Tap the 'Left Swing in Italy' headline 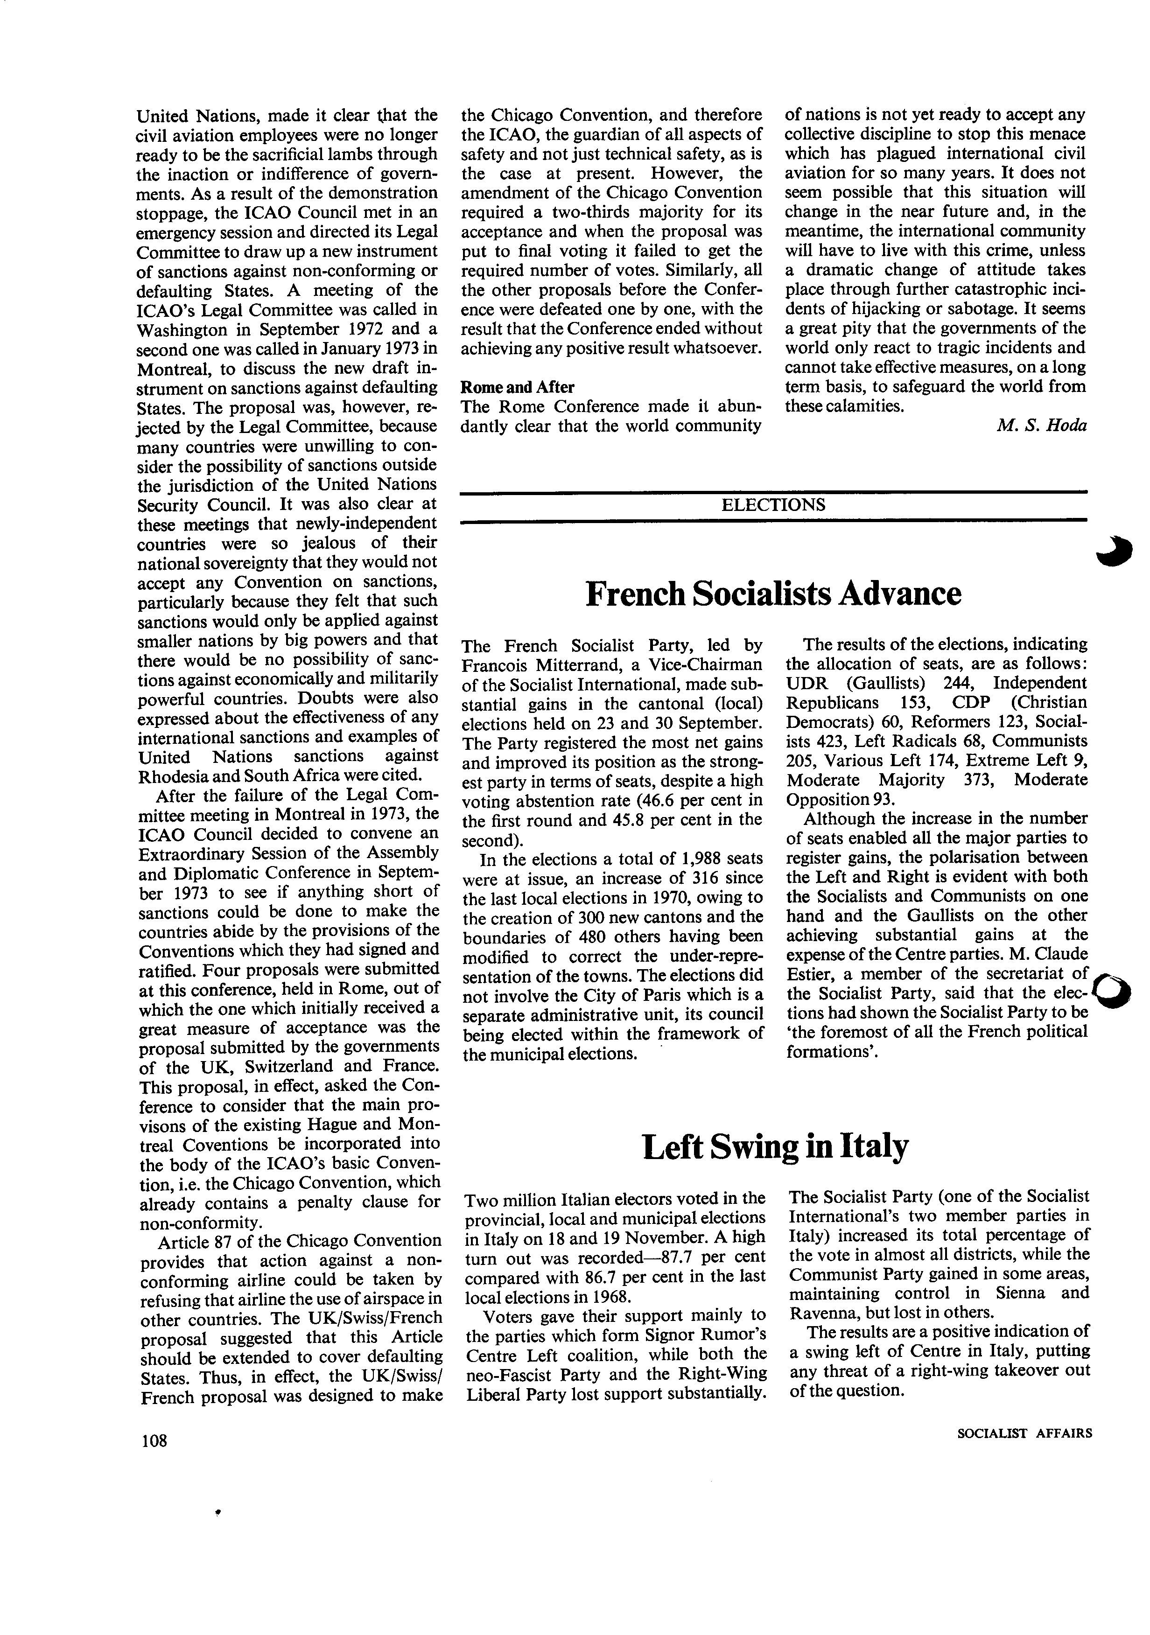coord(775,1147)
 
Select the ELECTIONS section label coord(773,505)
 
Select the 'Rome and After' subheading coord(518,387)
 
